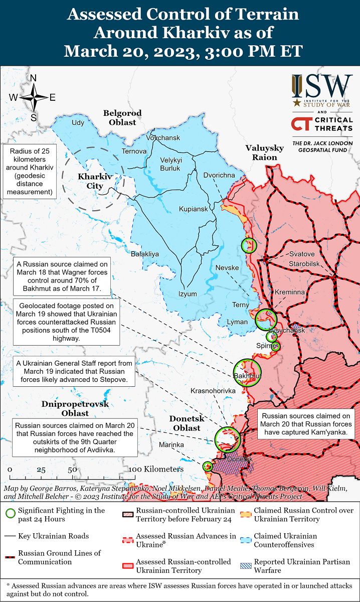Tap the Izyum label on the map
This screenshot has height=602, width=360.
coord(188,294)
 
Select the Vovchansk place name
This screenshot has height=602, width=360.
coord(163,137)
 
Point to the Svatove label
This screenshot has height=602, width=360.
coord(302,254)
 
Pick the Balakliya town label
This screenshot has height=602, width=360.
coord(145,254)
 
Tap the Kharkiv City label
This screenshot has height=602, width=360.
coord(94,181)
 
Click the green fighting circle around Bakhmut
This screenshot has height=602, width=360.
coord(247,372)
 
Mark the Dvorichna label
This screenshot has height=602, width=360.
coord(219,175)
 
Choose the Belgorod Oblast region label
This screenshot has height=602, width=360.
coord(122,117)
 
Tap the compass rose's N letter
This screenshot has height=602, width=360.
coord(34,78)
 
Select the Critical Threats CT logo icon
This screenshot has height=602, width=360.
coord(301,124)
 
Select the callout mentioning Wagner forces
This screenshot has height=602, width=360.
coord(62,276)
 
